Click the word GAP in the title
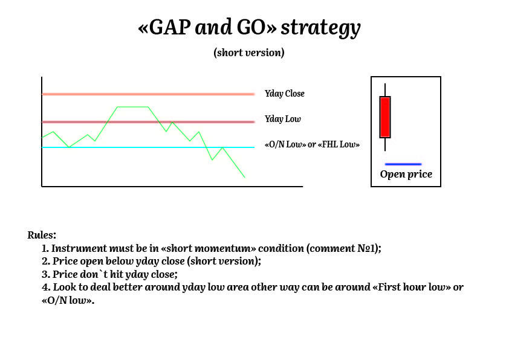pyautogui.click(x=170, y=27)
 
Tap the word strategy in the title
pyautogui.click(x=321, y=28)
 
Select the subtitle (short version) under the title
pyautogui.click(x=249, y=53)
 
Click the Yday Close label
pyautogui.click(x=285, y=94)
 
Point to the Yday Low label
pyautogui.click(x=283, y=119)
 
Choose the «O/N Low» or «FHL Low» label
pyautogui.click(x=313, y=144)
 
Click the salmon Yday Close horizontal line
pyautogui.click(x=148, y=94)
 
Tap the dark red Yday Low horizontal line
pyautogui.click(x=148, y=122)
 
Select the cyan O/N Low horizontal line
pyautogui.click(x=148, y=147)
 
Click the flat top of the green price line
pyautogui.click(x=133, y=107)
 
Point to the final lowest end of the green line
pyautogui.click(x=244, y=177)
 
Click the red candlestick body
pyautogui.click(x=385, y=117)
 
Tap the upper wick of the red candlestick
pyautogui.click(x=385, y=90)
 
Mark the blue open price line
pyautogui.click(x=403, y=164)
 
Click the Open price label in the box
pyautogui.click(x=406, y=175)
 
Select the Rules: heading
pyautogui.click(x=42, y=235)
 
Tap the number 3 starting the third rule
pyautogui.click(x=45, y=274)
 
